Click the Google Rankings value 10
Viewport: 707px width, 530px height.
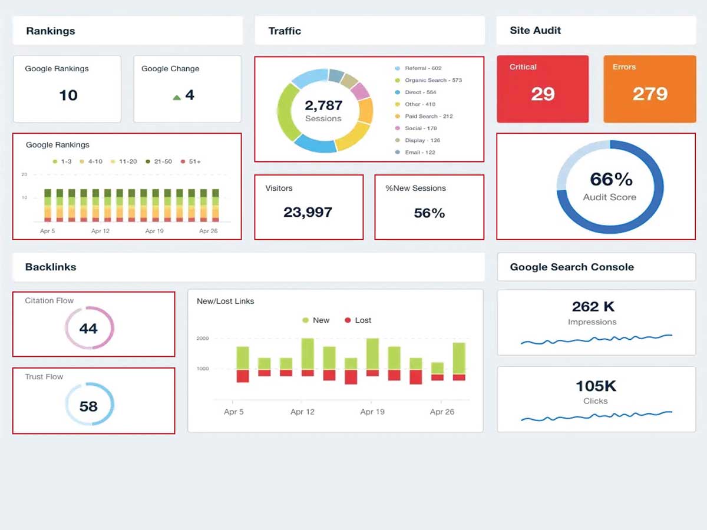[x=68, y=95]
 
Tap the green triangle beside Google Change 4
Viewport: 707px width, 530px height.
[x=177, y=97]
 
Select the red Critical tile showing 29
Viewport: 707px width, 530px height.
[x=543, y=89]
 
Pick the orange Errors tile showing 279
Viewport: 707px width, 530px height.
[x=650, y=89]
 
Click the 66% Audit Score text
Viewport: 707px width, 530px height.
[x=610, y=180]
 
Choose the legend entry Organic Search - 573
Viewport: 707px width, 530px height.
[x=432, y=80]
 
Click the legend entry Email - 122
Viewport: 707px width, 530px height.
[x=419, y=153]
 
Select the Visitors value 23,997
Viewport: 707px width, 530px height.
[x=308, y=213]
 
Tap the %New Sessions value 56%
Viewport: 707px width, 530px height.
[x=429, y=213]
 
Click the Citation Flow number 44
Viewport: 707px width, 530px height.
[x=88, y=328]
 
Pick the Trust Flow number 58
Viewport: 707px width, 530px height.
[x=88, y=406]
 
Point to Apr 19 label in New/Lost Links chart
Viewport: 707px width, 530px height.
[x=372, y=412]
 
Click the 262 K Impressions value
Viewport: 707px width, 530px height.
[x=593, y=307]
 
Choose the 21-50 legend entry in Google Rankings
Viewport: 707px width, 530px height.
[x=160, y=161]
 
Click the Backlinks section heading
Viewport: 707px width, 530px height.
[x=51, y=267]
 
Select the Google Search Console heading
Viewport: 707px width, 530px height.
[x=571, y=267]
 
